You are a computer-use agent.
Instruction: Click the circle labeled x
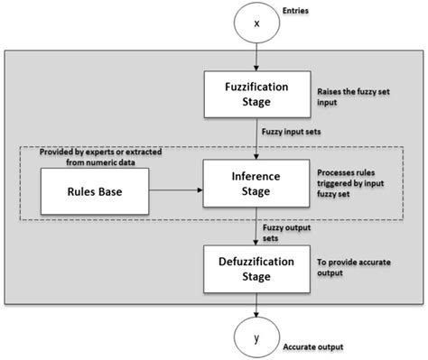click(256, 23)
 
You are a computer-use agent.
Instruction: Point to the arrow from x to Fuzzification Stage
click(256, 59)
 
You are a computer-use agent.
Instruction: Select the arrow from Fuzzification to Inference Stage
click(256, 138)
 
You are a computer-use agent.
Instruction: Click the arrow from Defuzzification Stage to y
click(256, 304)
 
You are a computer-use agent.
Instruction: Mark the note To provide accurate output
click(349, 266)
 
